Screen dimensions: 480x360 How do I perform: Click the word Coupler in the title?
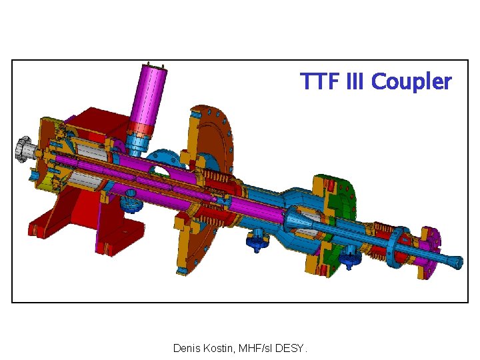[x=411, y=81]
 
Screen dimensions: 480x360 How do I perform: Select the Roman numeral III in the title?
[x=355, y=81]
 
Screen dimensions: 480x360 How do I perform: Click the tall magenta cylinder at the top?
[x=150, y=94]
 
